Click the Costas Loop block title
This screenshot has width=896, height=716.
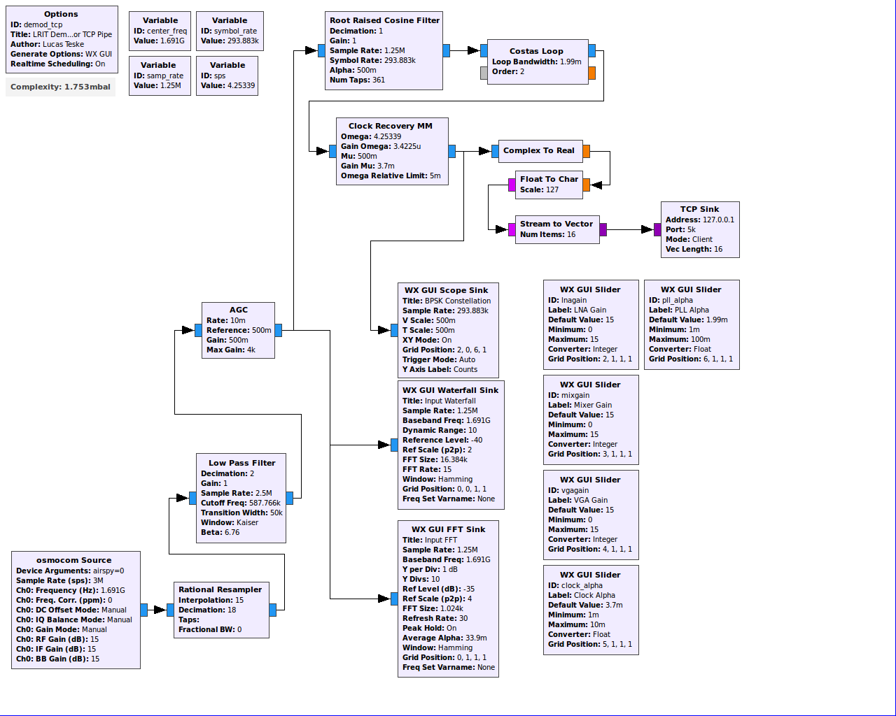click(536, 51)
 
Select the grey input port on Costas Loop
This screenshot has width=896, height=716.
click(484, 73)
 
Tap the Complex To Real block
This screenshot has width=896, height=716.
click(540, 151)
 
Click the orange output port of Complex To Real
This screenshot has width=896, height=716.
click(586, 151)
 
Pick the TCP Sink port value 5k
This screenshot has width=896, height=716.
click(690, 229)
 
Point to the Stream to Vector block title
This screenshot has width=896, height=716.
click(556, 224)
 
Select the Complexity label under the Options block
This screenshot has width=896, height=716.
click(60, 87)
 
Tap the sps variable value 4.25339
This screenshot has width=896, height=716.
click(241, 85)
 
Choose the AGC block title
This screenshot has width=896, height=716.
click(238, 310)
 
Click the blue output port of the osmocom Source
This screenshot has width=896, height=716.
click(144, 610)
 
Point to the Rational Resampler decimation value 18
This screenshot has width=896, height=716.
click(231, 610)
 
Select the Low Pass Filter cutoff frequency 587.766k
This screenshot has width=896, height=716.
click(265, 503)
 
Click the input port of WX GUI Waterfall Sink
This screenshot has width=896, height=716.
click(394, 445)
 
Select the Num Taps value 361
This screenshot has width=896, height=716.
click(379, 80)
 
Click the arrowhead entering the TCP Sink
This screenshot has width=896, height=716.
click(647, 229)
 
